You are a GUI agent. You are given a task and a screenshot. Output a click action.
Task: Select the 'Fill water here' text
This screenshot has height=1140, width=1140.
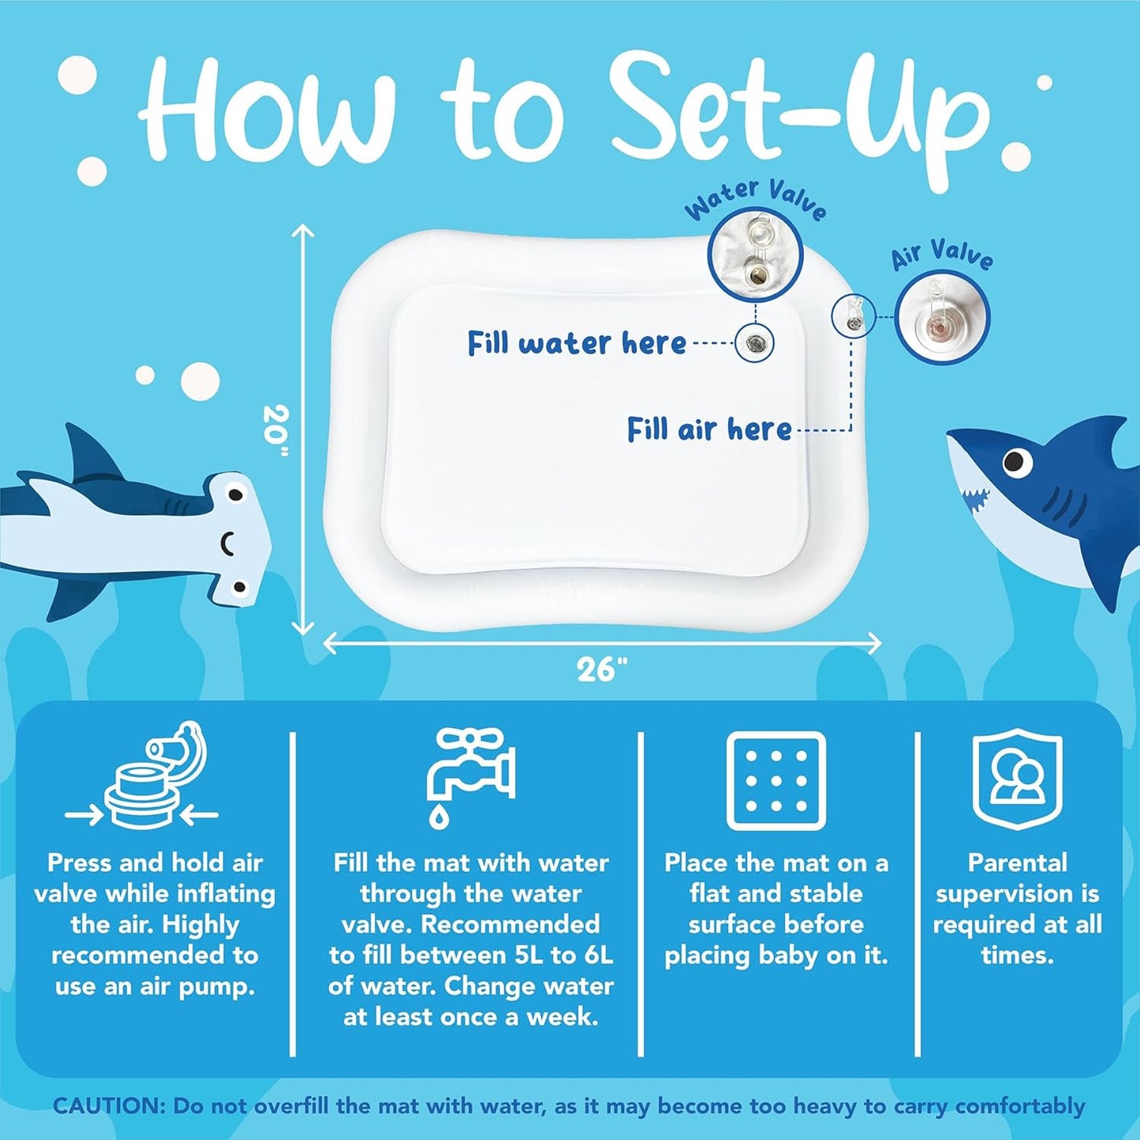tap(577, 342)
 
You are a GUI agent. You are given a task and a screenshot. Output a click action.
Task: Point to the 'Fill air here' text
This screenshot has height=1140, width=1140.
tap(708, 429)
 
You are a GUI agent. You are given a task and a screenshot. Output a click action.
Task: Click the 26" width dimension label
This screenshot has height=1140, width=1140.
tap(601, 670)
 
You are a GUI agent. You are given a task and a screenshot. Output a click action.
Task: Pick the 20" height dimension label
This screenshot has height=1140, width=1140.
tap(276, 431)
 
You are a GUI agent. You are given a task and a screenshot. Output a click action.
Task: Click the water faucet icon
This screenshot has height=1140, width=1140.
tap(471, 777)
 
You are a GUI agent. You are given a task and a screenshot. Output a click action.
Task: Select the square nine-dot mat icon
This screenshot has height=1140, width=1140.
tap(776, 781)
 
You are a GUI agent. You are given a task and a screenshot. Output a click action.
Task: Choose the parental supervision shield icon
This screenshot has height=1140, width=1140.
tap(1018, 779)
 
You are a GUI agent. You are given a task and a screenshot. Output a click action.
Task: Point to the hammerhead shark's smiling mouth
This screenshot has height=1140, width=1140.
tap(228, 540)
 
